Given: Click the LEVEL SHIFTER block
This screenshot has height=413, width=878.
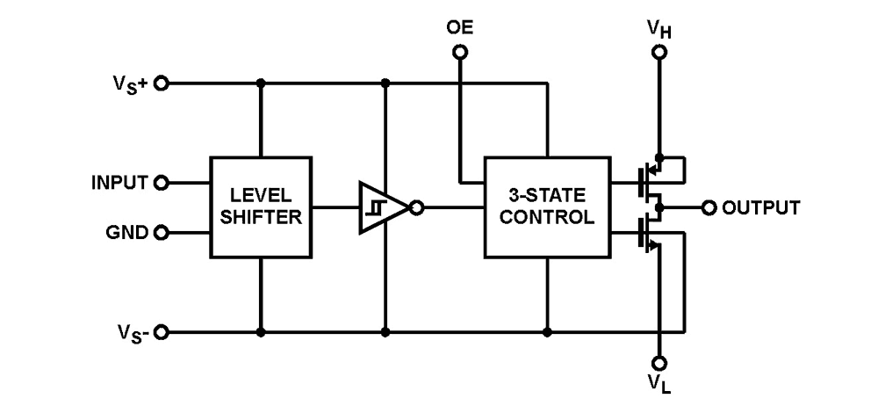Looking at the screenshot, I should (x=261, y=208).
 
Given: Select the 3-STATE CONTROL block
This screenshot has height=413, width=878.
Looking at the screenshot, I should (x=549, y=208).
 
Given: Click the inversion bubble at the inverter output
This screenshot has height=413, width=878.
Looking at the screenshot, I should (x=417, y=209).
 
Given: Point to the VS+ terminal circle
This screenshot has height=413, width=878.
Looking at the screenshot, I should (x=161, y=83).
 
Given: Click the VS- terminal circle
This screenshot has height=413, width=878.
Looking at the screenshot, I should (x=161, y=334).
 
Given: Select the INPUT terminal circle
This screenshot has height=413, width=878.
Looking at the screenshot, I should (x=161, y=184).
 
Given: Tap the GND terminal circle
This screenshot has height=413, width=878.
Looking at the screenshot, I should (x=161, y=234).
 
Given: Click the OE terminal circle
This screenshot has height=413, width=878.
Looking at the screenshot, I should (x=459, y=53).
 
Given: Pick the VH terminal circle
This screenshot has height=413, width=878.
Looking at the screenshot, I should (x=659, y=53).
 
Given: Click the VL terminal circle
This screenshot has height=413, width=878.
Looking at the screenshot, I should (x=659, y=363).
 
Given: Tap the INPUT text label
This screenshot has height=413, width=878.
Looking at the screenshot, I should (x=120, y=184).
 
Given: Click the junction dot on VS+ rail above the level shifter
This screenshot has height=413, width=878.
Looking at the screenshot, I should (x=261, y=83).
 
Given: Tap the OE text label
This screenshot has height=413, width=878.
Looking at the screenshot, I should (x=459, y=27).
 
